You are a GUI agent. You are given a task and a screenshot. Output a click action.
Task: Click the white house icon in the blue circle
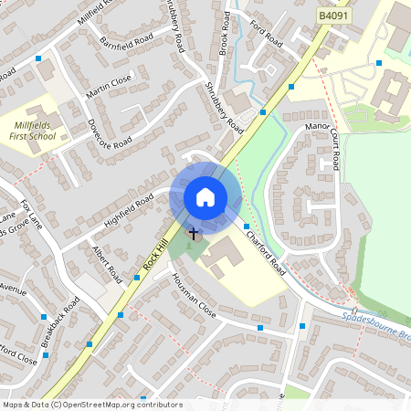click(x=205, y=196)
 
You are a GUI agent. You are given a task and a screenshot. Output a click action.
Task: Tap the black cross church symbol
click(x=193, y=234)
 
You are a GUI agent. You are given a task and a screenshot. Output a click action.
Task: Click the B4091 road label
click(x=335, y=16)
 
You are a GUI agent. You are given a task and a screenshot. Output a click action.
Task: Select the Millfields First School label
click(x=35, y=130)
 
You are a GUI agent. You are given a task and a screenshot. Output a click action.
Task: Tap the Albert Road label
click(x=106, y=262)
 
